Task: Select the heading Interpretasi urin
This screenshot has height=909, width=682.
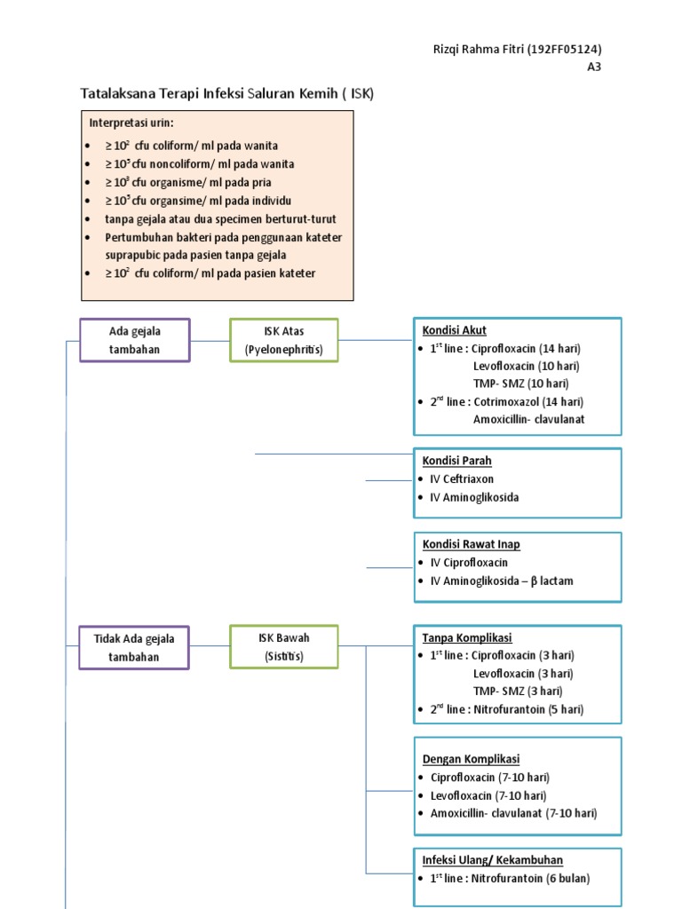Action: pyautogui.click(x=131, y=122)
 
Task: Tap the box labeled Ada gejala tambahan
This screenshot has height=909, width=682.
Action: pyautogui.click(x=134, y=340)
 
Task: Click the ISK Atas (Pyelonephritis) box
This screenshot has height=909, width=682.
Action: pyautogui.click(x=283, y=340)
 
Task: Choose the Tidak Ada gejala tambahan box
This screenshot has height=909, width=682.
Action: pyautogui.click(x=134, y=647)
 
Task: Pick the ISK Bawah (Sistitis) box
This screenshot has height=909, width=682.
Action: pyautogui.click(x=283, y=647)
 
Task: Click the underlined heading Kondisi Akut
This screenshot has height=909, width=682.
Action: pyautogui.click(x=454, y=330)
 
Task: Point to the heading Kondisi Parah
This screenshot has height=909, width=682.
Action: pyautogui.click(x=456, y=461)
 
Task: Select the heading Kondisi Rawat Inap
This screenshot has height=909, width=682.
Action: pyautogui.click(x=471, y=544)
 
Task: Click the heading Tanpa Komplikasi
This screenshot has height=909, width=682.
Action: pyautogui.click(x=467, y=637)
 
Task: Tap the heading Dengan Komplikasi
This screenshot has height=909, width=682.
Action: pyautogui.click(x=471, y=759)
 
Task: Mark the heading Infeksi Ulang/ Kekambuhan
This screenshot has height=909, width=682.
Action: pyautogui.click(x=492, y=860)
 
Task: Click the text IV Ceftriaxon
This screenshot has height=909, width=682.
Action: pyautogui.click(x=462, y=479)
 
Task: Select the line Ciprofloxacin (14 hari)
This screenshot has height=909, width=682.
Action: pyautogui.click(x=527, y=348)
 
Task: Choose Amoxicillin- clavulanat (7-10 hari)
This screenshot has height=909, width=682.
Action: pyautogui.click(x=513, y=813)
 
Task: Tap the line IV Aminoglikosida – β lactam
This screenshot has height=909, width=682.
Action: pyautogui.click(x=502, y=581)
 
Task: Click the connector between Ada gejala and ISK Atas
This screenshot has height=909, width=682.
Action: pyautogui.click(x=210, y=340)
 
